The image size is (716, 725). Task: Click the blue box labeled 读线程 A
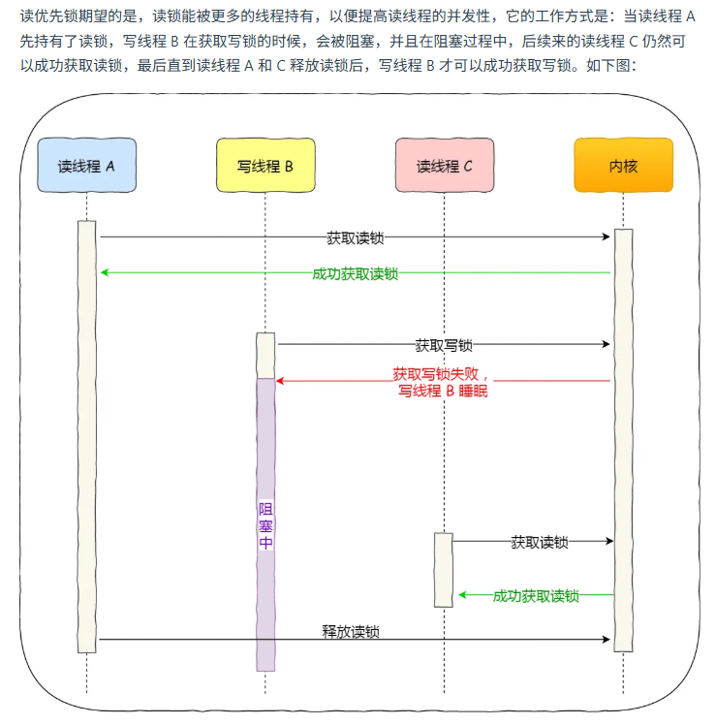tap(86, 165)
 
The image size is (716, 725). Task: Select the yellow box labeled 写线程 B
tap(265, 165)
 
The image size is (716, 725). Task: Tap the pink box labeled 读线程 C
tap(444, 165)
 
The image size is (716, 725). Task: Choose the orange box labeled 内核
tap(623, 165)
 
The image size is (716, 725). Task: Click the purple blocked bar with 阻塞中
tap(265, 524)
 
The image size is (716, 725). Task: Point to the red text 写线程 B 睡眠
tap(443, 392)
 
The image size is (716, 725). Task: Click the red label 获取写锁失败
tap(443, 374)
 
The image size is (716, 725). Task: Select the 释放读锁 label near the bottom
tap(351, 632)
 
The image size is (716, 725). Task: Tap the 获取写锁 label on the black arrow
tap(444, 344)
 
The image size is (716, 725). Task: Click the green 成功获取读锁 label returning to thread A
tap(355, 273)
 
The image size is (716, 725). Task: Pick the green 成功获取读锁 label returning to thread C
tap(536, 596)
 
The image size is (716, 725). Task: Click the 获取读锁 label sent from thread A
tap(356, 237)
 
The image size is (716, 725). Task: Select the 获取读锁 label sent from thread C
tap(539, 543)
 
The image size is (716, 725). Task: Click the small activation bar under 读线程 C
tap(443, 569)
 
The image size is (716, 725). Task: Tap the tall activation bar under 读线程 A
tap(87, 436)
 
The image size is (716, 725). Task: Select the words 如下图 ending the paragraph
tap(607, 66)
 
